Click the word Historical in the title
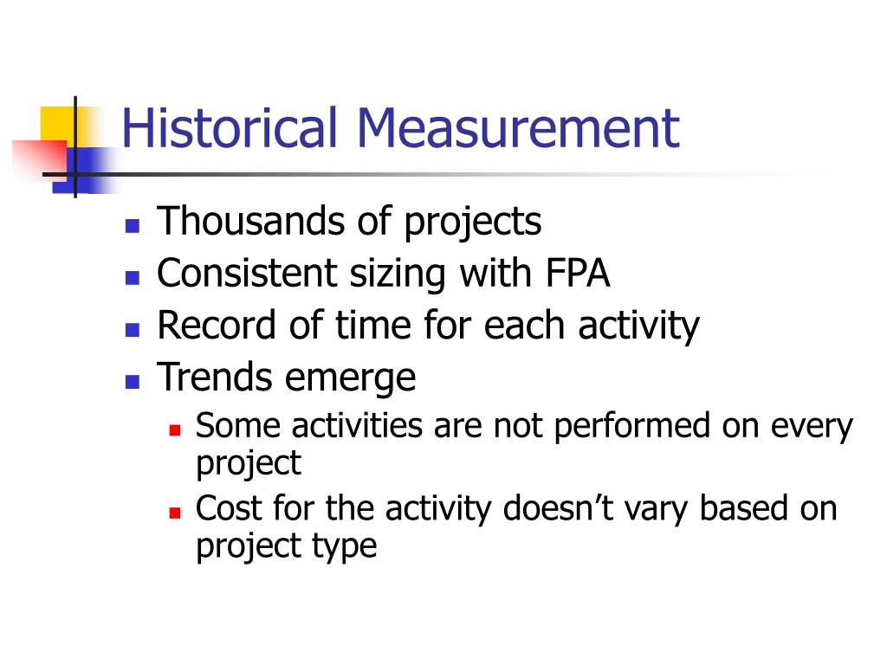click(229, 128)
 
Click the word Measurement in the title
click(518, 128)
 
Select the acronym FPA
click(578, 273)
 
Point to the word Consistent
click(247, 273)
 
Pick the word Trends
click(215, 378)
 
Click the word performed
click(631, 427)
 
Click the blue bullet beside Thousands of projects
click(133, 226)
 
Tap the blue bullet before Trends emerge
click(133, 382)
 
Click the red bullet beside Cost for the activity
click(175, 513)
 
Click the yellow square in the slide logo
click(58, 126)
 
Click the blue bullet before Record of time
click(133, 330)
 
